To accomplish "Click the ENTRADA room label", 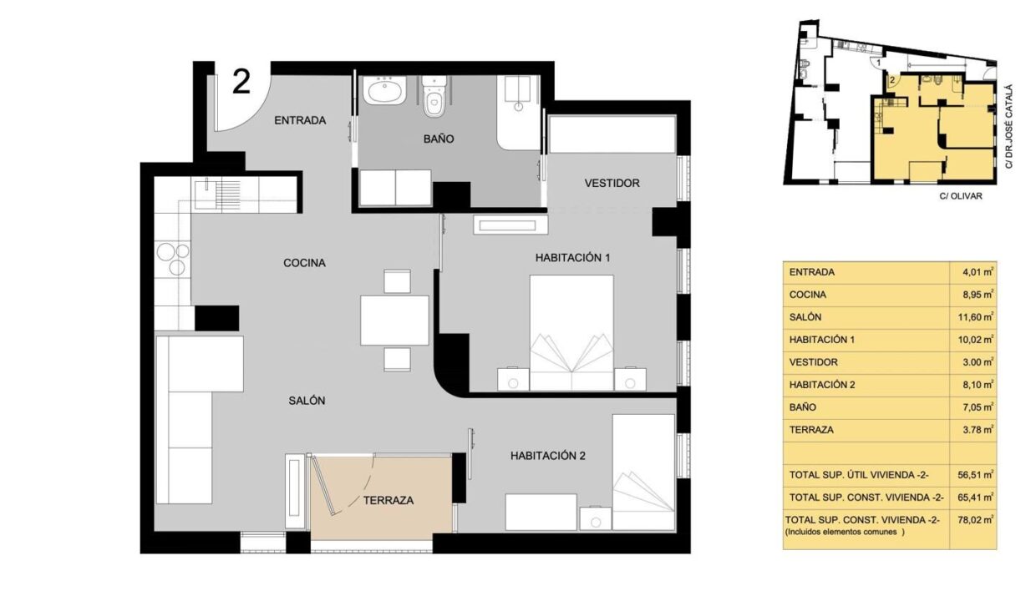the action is (300, 120).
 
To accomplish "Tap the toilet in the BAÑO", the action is (434, 96).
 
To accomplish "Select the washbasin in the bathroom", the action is (384, 90).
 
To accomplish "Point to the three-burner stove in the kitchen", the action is (173, 259).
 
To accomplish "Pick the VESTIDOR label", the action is (612, 184).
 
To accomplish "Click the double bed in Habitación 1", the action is (571, 332).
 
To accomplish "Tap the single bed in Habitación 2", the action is (643, 472).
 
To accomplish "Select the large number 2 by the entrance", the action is (241, 82).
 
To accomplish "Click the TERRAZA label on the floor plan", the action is (388, 500).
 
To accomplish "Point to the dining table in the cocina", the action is (394, 321).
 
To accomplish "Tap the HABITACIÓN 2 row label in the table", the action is (822, 385).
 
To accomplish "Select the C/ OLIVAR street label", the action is (961, 196).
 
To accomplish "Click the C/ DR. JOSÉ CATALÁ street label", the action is (1008, 126).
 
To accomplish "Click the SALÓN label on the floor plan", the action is (307, 401).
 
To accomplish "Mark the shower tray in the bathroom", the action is (519, 113).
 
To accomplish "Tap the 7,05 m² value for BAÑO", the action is (978, 407).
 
